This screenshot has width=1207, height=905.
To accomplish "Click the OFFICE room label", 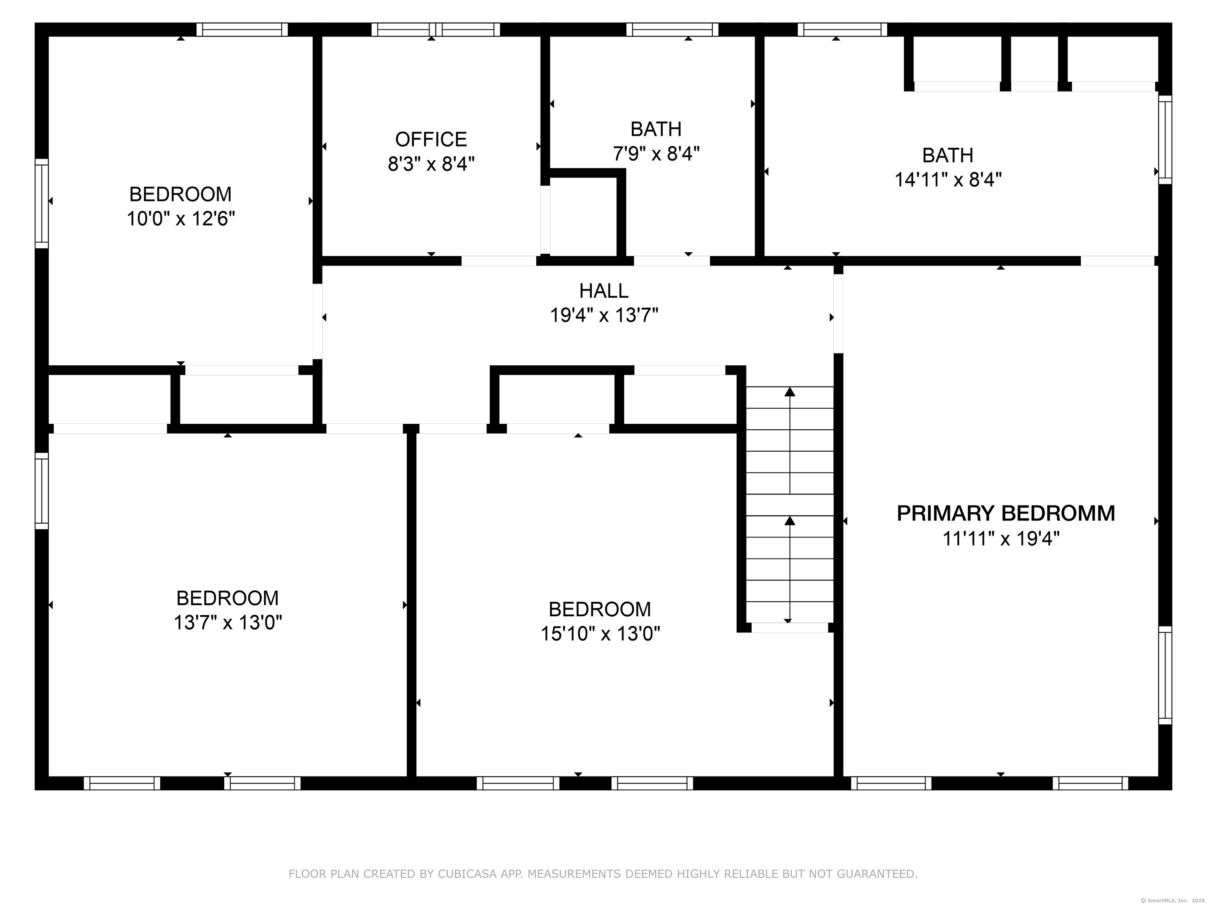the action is (431, 140).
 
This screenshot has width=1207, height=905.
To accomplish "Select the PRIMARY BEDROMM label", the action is (1006, 513).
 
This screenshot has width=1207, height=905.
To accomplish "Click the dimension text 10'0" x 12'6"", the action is (181, 219).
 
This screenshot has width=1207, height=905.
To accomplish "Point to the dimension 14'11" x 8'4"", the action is (948, 180).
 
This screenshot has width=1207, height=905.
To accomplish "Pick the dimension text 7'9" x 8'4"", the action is (656, 154).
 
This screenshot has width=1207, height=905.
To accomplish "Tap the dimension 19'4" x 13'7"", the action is (603, 315).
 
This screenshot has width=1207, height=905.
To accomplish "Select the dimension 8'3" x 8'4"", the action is (431, 164).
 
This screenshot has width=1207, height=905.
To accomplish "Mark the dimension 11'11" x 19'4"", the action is (1001, 539).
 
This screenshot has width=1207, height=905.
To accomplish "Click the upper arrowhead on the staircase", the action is (790, 392).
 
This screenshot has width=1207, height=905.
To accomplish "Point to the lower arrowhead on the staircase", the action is (790, 520).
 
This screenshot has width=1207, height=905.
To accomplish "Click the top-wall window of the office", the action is (435, 29).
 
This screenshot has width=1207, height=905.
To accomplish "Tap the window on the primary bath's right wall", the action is (1165, 140).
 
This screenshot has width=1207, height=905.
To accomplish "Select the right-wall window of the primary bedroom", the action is (1165, 675).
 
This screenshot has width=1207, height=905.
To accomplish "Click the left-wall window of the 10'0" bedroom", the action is (42, 203).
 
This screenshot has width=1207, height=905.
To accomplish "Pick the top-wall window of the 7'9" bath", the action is (672, 29).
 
